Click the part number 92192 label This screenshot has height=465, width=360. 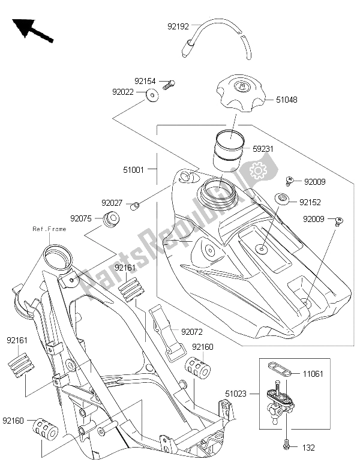[x=178, y=26]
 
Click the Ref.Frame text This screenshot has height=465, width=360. [x=50, y=229]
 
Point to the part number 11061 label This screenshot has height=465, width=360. [x=313, y=374]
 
